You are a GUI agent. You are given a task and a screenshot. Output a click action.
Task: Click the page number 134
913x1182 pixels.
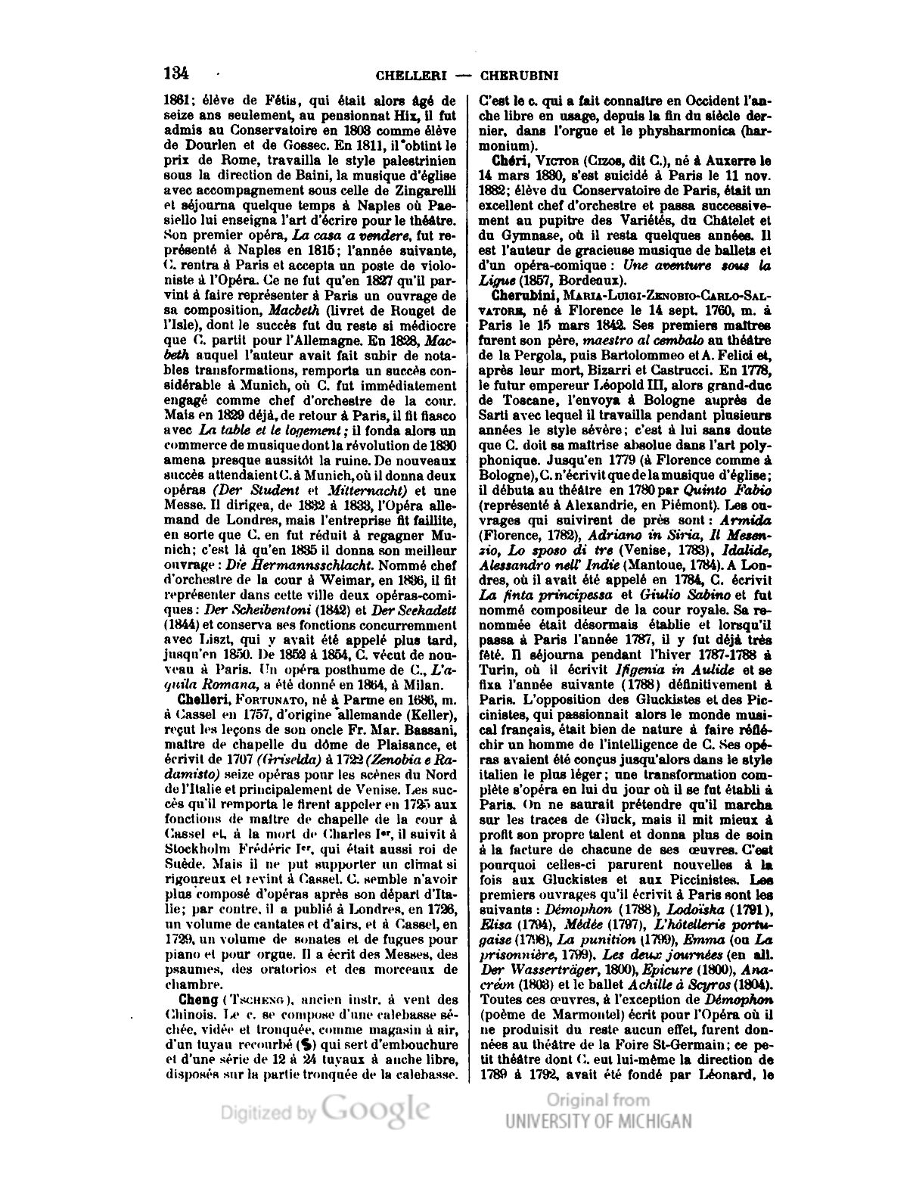point(175,73)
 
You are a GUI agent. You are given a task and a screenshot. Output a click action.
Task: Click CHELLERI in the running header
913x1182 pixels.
point(411,76)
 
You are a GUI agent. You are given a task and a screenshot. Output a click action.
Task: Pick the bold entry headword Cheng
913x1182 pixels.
point(182,998)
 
